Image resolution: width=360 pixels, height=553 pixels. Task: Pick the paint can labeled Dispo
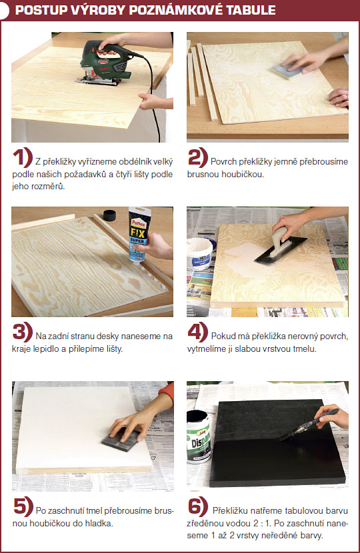[x=199, y=437]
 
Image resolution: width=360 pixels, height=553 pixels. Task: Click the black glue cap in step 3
[x=109, y=215]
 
